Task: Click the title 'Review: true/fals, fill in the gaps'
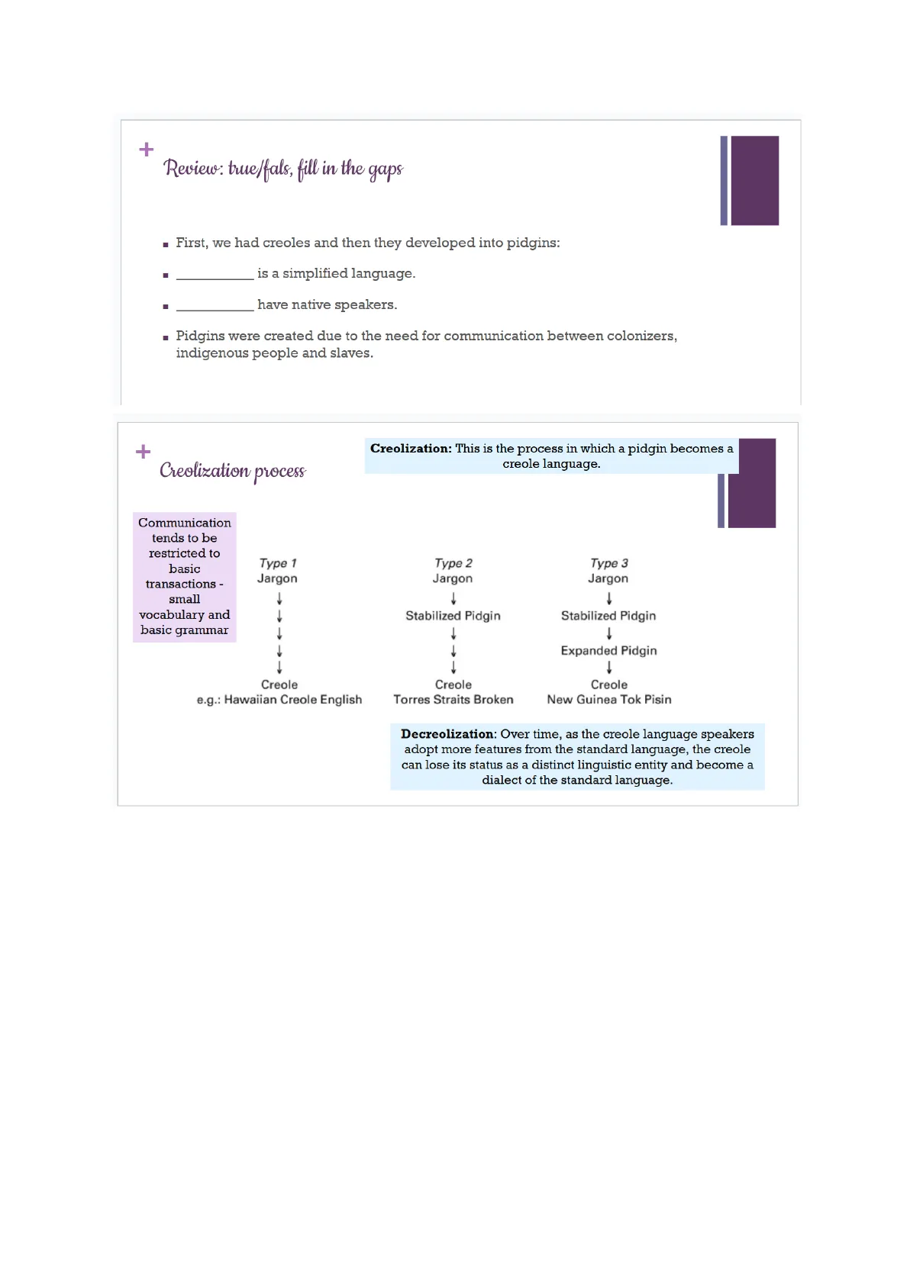point(283,169)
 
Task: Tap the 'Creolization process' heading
point(232,471)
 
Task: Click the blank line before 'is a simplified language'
point(215,275)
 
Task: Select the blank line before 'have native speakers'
point(215,307)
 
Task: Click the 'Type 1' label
point(278,563)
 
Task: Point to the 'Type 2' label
point(453,563)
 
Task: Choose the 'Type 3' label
point(609,563)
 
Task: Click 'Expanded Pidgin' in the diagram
point(608,651)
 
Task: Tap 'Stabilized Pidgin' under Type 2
point(453,616)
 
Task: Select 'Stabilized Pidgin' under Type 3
point(608,616)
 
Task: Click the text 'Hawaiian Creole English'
point(293,700)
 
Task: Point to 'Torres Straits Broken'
point(453,700)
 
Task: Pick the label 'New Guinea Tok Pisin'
point(609,700)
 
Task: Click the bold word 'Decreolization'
point(449,734)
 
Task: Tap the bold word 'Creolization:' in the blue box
point(411,449)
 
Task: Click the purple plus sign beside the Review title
point(147,150)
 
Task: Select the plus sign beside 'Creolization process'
point(143,452)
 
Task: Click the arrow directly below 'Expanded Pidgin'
point(609,668)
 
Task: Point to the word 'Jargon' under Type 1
point(277,578)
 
